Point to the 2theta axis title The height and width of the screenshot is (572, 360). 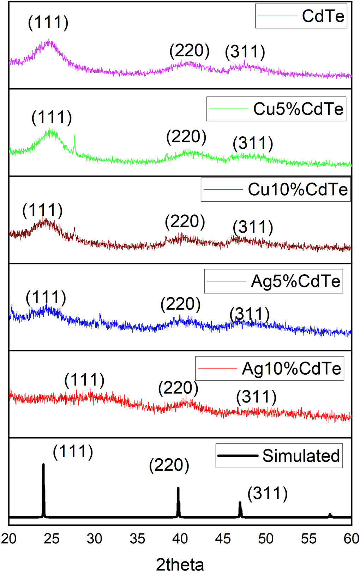point(180,564)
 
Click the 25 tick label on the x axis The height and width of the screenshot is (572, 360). point(52,538)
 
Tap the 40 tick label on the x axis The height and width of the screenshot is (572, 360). point(180,538)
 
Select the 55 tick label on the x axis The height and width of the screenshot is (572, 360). point(309,538)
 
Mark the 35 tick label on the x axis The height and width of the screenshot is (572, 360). point(137,538)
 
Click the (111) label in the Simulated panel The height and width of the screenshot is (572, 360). point(73,452)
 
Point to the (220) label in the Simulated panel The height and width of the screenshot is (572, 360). point(169,465)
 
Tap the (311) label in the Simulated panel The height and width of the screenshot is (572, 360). point(268,493)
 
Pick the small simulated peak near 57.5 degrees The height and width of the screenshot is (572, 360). point(330,515)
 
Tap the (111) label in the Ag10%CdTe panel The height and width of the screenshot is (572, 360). point(84,380)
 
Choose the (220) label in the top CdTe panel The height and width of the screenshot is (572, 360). point(190,51)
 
